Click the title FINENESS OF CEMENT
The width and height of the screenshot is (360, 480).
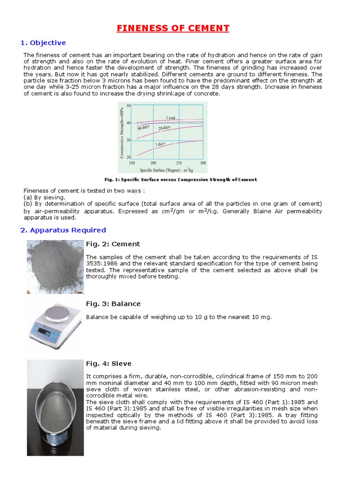pos(173,28)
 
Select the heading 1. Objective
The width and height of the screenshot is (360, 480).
pos(43,43)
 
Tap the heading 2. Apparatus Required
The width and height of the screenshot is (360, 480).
pos(63,230)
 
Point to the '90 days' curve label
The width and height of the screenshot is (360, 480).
pos(143,127)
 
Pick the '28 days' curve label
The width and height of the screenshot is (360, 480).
pos(164,128)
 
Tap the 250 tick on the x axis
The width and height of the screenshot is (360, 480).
pos(178,163)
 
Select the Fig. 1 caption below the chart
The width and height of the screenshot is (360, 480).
pos(180,180)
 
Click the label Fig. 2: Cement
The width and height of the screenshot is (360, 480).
pos(112,244)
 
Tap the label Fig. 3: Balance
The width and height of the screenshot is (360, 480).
pos(113,304)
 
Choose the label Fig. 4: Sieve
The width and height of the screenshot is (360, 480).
pos(109,363)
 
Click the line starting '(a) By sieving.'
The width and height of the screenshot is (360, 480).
pos(45,197)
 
